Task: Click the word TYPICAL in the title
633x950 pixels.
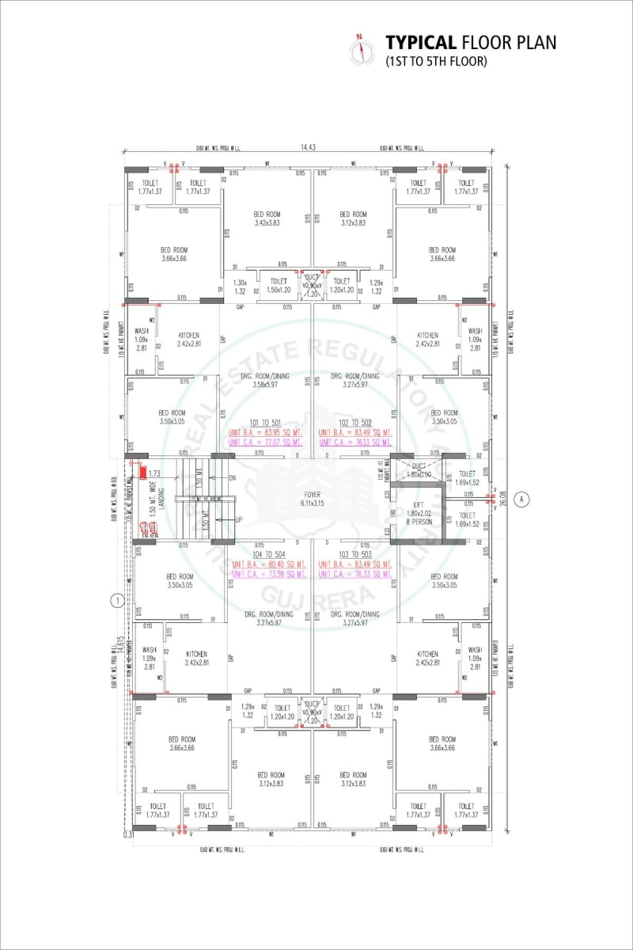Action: click(420, 42)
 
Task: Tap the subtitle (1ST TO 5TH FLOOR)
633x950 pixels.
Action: click(436, 61)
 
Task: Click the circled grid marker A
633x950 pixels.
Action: click(521, 499)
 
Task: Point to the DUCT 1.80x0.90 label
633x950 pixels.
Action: click(419, 470)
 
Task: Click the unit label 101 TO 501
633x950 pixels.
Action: click(267, 423)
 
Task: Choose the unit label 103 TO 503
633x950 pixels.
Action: click(355, 554)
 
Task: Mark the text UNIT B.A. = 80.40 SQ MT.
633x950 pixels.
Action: click(269, 564)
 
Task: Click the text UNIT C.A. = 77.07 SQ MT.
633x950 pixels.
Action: click(265, 442)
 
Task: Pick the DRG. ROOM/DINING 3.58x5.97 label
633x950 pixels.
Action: click(267, 380)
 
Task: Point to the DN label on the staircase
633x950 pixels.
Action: click(232, 478)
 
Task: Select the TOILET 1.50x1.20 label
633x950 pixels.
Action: click(278, 285)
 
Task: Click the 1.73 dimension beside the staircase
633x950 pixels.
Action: click(154, 473)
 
